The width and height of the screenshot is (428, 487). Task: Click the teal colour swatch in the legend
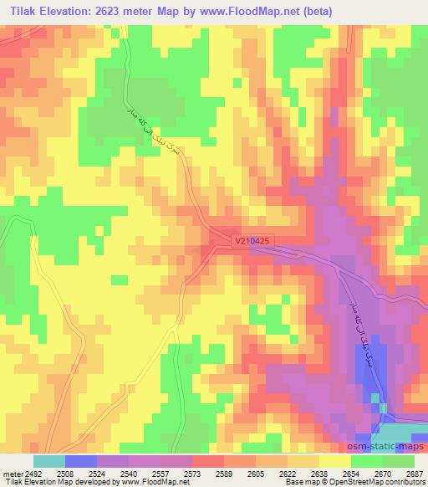[49, 461]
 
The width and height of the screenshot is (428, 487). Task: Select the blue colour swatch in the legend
[80, 461]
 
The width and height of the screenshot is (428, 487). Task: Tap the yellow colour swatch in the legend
[335, 461]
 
